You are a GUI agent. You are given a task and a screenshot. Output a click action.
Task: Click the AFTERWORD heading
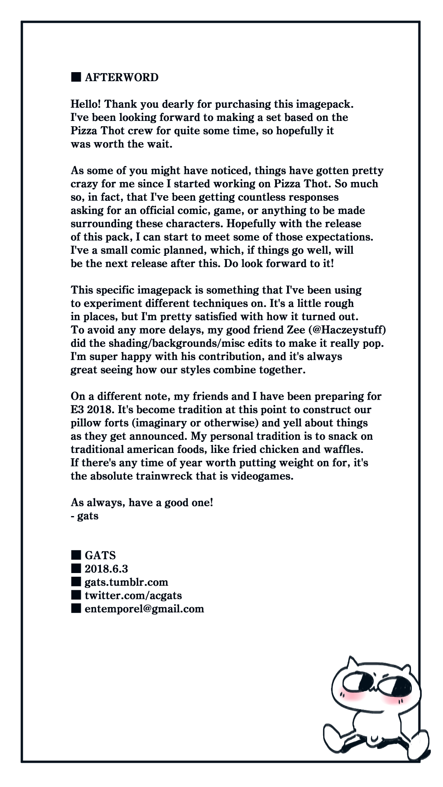click(121, 77)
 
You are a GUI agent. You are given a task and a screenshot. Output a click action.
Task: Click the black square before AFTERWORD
click(76, 77)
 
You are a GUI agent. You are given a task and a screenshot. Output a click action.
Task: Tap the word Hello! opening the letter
click(86, 104)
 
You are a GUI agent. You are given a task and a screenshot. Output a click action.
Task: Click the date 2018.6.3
click(106, 569)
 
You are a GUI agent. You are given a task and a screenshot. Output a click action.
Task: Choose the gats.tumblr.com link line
click(126, 582)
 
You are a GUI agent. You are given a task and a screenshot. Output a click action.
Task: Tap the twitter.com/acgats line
click(133, 595)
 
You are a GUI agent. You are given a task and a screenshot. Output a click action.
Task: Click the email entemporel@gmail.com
click(144, 609)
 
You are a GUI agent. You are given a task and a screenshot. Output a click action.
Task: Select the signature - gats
click(85, 516)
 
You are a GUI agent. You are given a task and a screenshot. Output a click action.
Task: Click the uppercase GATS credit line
click(100, 555)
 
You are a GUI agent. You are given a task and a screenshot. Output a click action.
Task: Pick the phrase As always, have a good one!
click(142, 503)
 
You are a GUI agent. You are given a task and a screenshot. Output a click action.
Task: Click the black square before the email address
click(76, 608)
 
